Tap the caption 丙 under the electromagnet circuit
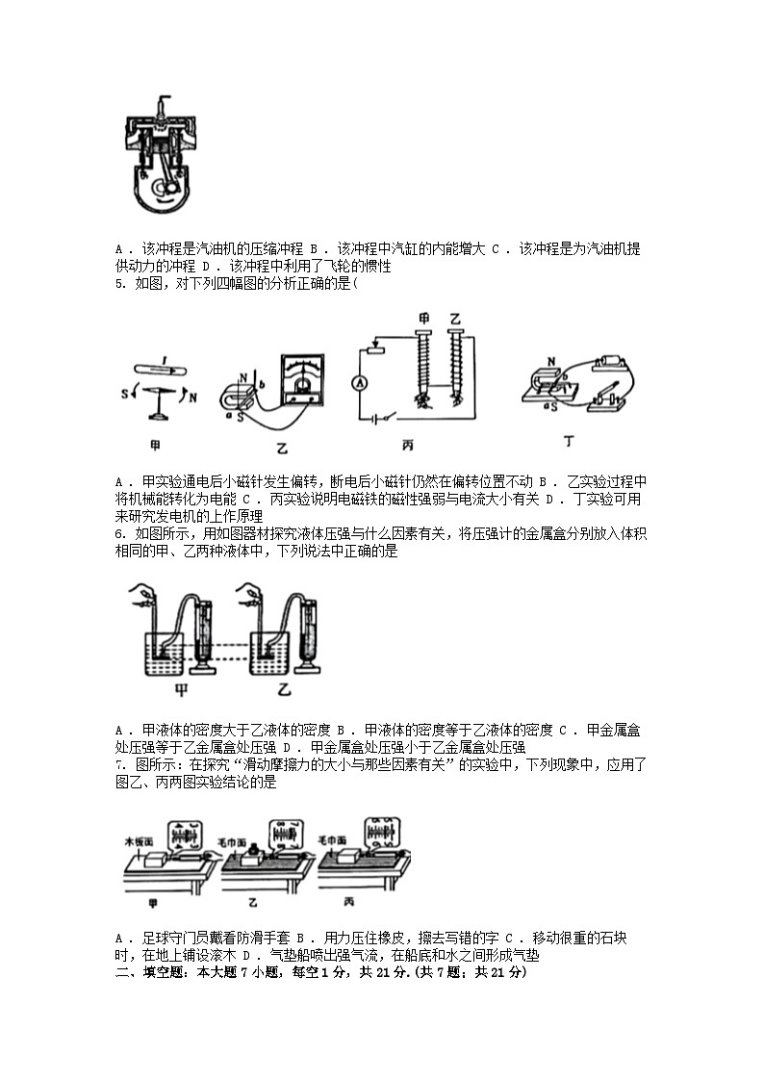407,445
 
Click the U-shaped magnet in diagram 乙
241,396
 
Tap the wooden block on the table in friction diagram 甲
156,862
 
